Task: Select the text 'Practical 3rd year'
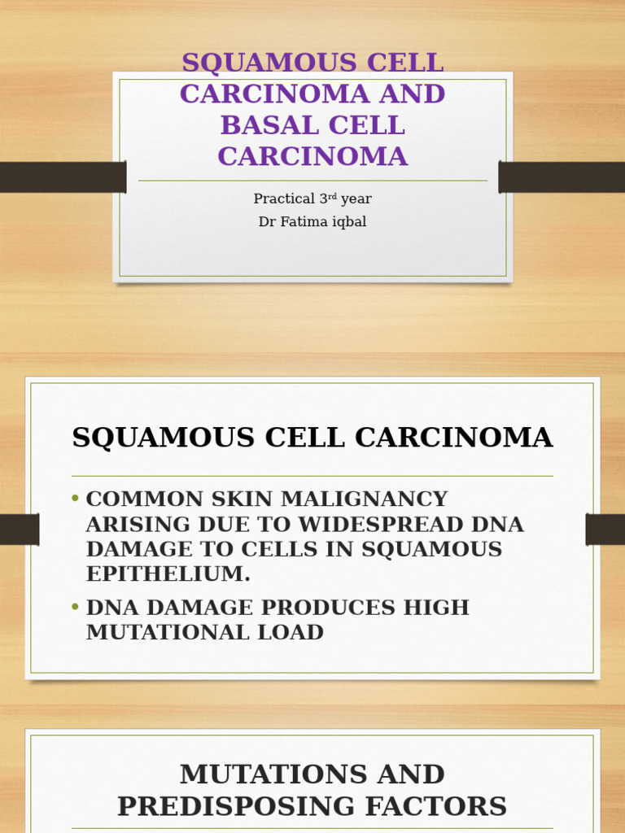(x=312, y=198)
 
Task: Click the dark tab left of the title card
(x=63, y=177)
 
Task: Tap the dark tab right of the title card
(x=562, y=177)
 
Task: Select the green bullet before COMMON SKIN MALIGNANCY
(x=76, y=499)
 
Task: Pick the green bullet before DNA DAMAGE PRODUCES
(x=76, y=607)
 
